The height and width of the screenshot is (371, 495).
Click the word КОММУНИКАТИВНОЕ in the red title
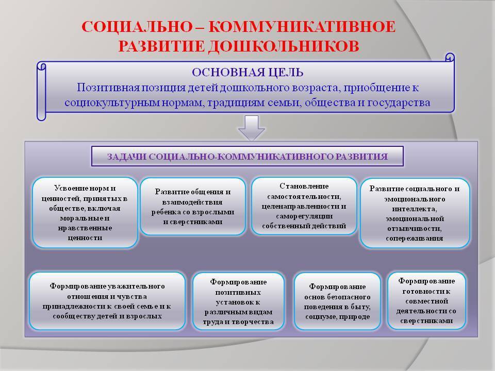click(x=302, y=26)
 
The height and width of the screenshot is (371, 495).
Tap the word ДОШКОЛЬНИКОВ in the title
click(x=283, y=46)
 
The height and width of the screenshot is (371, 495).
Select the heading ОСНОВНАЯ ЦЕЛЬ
click(x=247, y=73)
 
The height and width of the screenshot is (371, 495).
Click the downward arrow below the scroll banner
click(x=251, y=128)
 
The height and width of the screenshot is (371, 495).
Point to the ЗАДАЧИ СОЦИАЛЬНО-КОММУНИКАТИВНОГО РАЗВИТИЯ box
click(x=247, y=156)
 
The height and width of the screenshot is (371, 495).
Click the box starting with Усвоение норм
click(x=85, y=213)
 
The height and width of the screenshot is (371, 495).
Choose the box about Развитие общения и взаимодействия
click(x=193, y=207)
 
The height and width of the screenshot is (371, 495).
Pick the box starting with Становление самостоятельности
click(x=304, y=206)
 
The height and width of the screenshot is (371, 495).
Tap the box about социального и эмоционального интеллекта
click(x=415, y=213)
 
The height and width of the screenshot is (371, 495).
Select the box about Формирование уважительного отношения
click(x=107, y=301)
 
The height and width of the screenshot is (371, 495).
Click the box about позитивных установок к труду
click(x=238, y=301)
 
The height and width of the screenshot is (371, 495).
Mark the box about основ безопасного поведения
click(x=337, y=301)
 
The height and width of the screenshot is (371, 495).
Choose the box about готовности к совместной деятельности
click(x=426, y=301)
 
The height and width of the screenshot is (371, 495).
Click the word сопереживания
click(x=415, y=238)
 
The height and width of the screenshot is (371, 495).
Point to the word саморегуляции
click(x=304, y=216)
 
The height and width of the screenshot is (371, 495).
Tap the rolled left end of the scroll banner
click(x=41, y=91)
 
